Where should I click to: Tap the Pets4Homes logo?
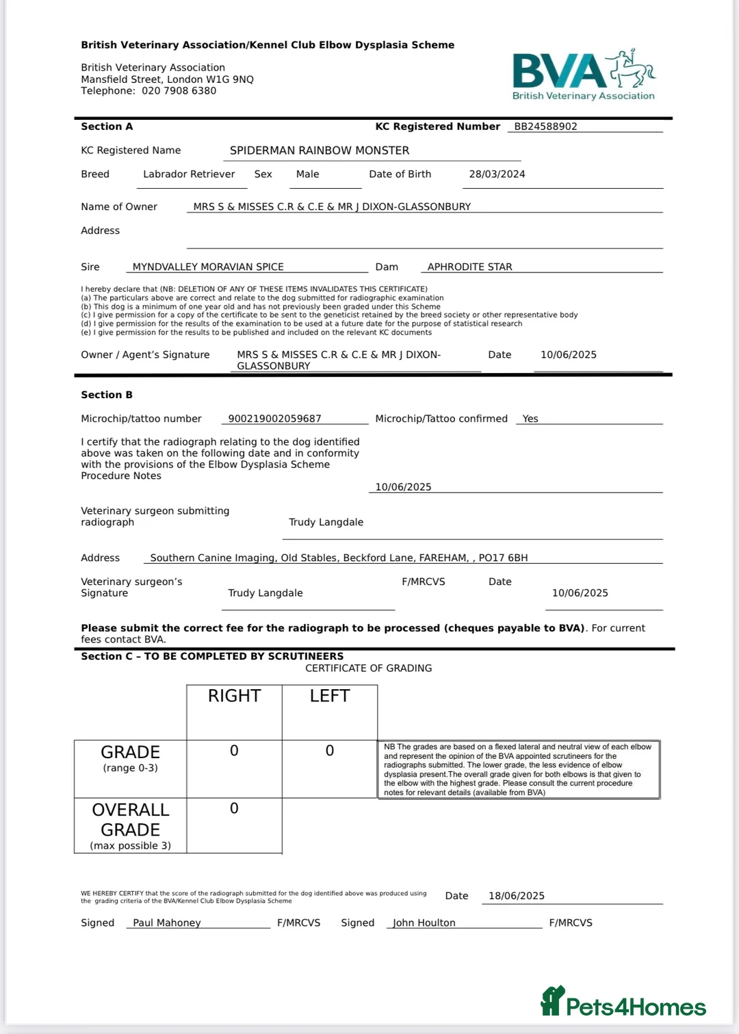[x=623, y=1003]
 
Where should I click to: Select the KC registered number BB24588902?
[x=545, y=127]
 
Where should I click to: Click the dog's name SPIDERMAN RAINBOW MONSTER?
[x=320, y=151]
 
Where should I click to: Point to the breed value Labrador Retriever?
[x=189, y=175]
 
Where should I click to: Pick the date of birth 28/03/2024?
[x=497, y=175]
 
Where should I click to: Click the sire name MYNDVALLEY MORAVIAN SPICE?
[x=208, y=267]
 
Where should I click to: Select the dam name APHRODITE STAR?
[x=469, y=267]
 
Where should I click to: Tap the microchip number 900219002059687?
[x=274, y=419]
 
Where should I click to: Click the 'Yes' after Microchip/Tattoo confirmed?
[x=530, y=419]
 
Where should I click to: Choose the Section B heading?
[x=107, y=395]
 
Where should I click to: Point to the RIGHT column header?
[x=234, y=696]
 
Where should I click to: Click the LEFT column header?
[x=330, y=696]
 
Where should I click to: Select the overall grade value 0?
[x=234, y=809]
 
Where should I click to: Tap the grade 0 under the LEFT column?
[x=330, y=751]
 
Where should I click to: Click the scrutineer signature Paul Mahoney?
[x=167, y=923]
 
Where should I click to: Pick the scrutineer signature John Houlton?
[x=424, y=923]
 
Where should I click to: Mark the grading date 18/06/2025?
[x=517, y=896]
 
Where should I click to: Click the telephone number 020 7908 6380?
[x=179, y=91]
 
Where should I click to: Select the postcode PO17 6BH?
[x=503, y=558]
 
